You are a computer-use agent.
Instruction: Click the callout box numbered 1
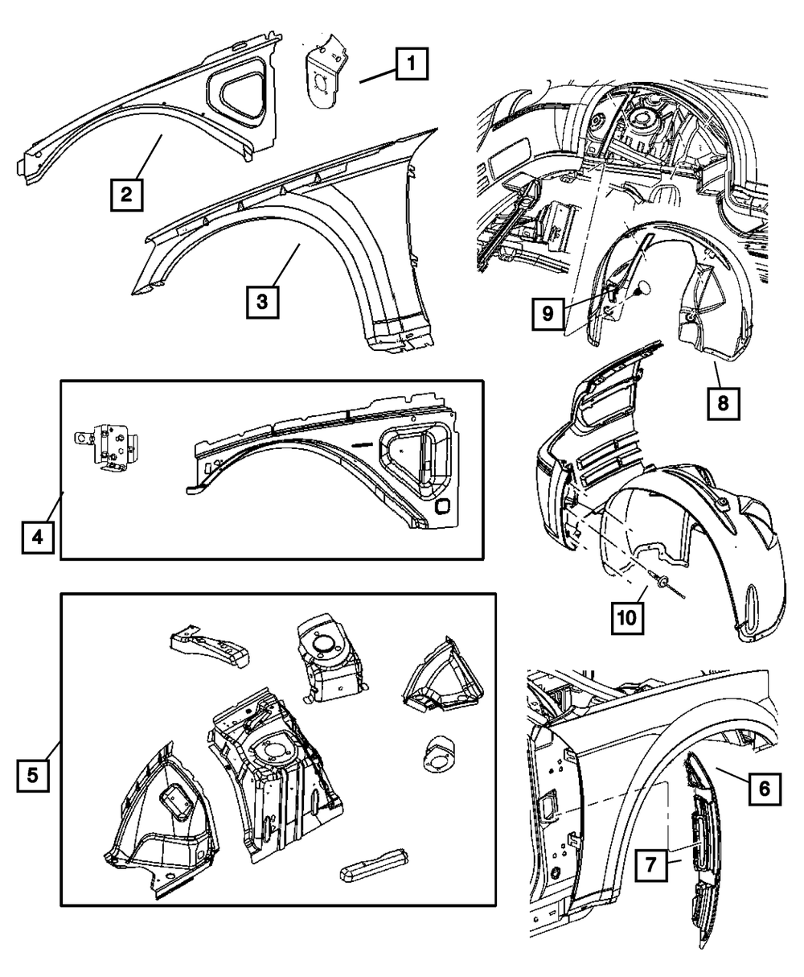click(410, 64)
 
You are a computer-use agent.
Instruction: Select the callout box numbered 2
click(127, 194)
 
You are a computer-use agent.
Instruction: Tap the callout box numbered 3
click(262, 302)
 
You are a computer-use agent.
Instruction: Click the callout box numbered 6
click(764, 789)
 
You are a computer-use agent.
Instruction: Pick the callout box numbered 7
click(650, 867)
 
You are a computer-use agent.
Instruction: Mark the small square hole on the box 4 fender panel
click(443, 509)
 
